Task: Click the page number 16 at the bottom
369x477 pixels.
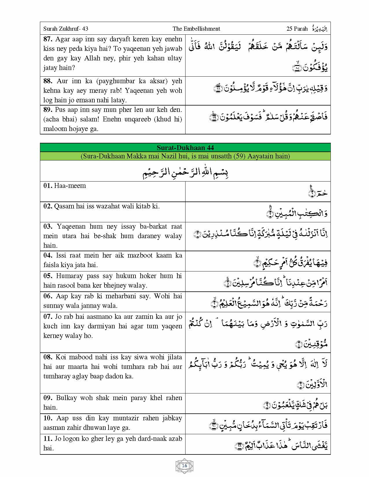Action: coord(184,466)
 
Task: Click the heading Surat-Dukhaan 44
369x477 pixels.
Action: coord(185,148)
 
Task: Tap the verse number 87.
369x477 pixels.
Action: coord(48,39)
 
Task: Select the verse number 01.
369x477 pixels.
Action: coord(48,186)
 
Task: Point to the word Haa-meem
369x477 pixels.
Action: coord(70,186)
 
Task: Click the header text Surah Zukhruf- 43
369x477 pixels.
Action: coord(66,29)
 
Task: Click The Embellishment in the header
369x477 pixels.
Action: coord(196,29)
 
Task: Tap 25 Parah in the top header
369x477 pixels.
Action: coord(297,29)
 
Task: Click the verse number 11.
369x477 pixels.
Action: coord(48,439)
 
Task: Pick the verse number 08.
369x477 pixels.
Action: coord(48,357)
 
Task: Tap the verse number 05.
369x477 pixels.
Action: coord(48,276)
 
